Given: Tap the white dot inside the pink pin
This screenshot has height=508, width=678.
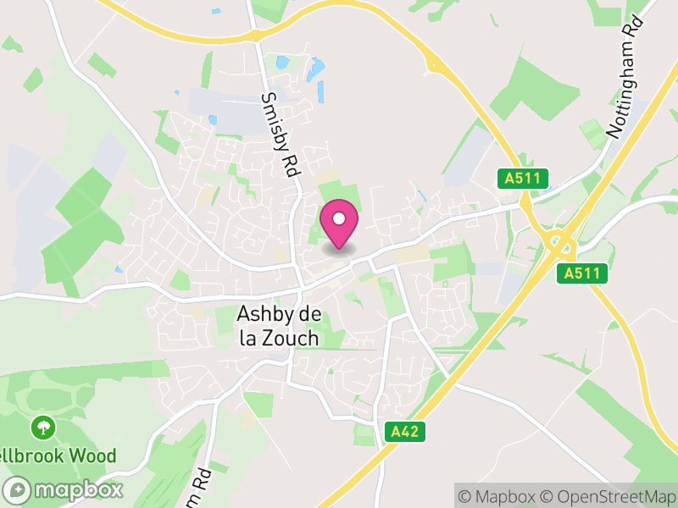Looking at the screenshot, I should pyautogui.click(x=339, y=218).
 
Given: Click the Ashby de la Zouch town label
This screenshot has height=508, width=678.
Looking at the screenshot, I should pyautogui.click(x=279, y=326).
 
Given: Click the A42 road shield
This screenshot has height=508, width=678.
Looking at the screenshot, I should pyautogui.click(x=405, y=432).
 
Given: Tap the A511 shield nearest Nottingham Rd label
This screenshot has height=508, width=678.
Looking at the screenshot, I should pyautogui.click(x=522, y=178).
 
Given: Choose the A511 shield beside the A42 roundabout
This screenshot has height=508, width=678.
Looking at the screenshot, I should pyautogui.click(x=583, y=273).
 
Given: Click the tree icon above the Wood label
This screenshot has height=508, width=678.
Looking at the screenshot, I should pyautogui.click(x=41, y=426).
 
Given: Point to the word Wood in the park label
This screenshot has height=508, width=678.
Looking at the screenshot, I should pyautogui.click(x=92, y=456).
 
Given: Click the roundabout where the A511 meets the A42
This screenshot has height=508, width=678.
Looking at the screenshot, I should pyautogui.click(x=560, y=245).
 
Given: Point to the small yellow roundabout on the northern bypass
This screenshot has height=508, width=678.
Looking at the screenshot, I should pyautogui.click(x=435, y=63).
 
